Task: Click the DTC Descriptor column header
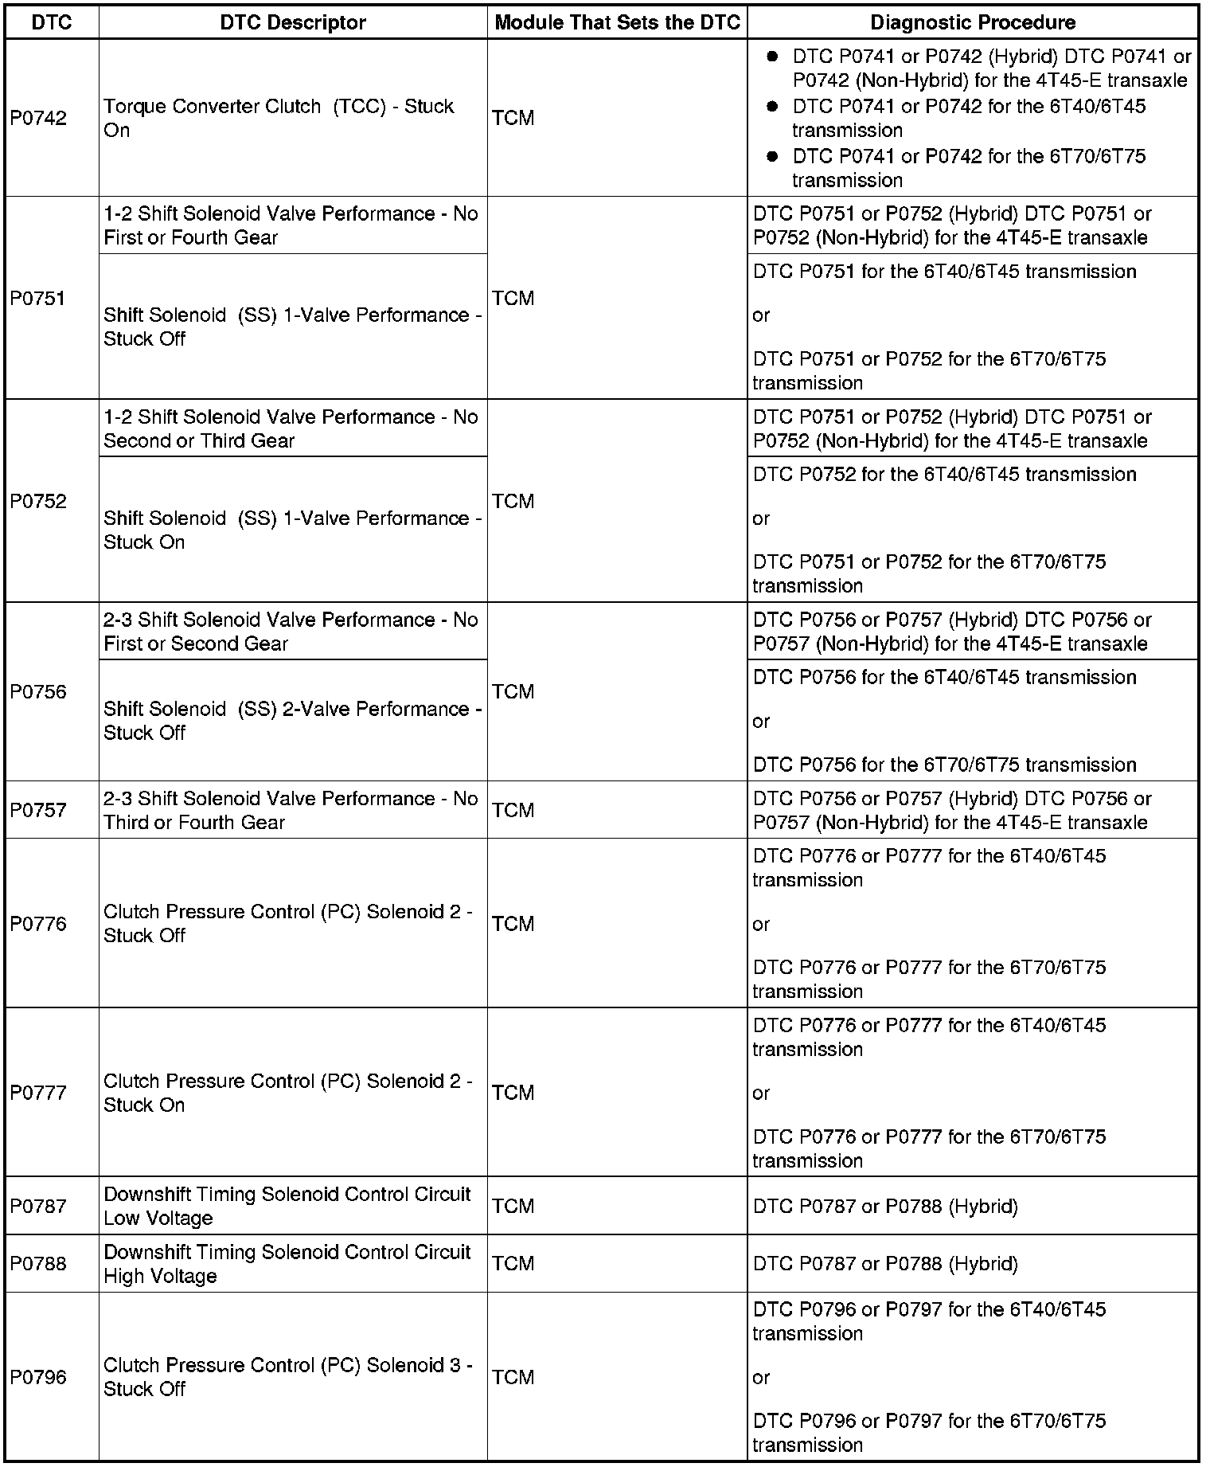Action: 293,22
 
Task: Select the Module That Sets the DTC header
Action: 617,22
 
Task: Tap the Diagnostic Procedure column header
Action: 973,22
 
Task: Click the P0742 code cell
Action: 38,118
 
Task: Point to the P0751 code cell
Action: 38,298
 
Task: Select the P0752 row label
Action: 38,501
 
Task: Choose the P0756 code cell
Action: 38,691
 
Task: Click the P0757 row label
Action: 38,810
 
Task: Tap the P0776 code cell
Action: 38,924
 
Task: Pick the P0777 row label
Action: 38,1093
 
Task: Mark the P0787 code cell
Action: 38,1206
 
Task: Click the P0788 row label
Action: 38,1264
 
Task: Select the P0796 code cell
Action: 38,1377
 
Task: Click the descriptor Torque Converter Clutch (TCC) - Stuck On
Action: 279,118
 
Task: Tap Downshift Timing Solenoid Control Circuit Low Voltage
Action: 287,1206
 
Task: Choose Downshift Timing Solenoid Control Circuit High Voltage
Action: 287,1264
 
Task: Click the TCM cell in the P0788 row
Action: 513,1264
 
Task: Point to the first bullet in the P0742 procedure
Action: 771,57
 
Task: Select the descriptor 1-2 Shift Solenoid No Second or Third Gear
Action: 291,428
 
